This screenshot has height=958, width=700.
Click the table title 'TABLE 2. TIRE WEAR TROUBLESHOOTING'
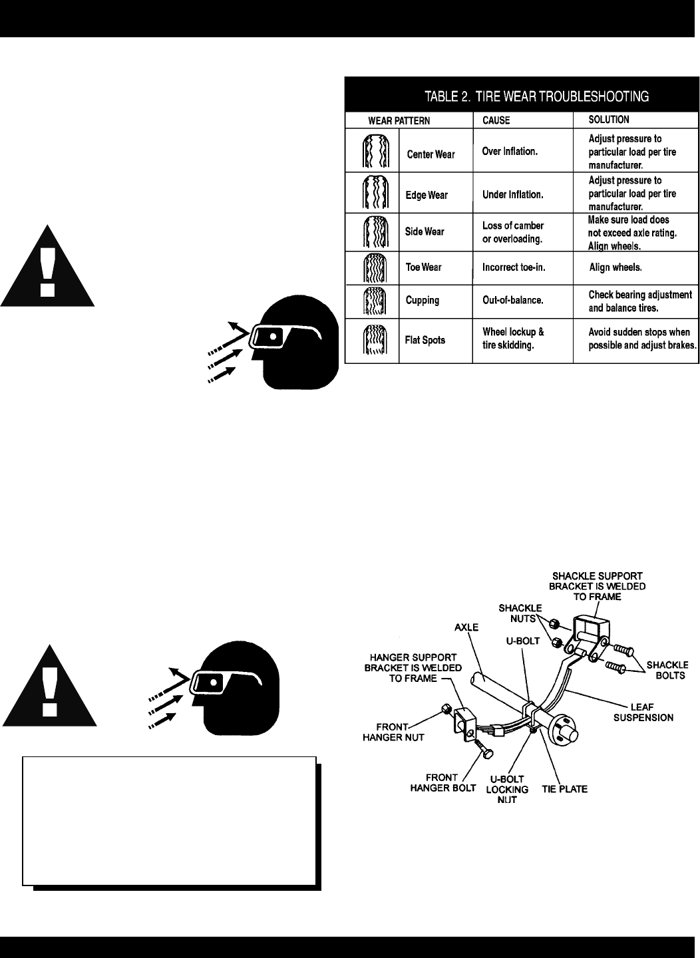tap(536, 96)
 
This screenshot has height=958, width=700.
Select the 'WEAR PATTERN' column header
tap(399, 121)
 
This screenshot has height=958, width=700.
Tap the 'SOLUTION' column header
tap(608, 120)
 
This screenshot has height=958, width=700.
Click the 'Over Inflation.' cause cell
tap(509, 152)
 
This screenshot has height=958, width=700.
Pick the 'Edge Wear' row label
tap(427, 196)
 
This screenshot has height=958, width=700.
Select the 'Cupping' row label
tap(423, 300)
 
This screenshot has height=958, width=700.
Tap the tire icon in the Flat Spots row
tap(371, 341)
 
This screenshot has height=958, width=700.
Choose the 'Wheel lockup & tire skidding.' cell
tap(513, 339)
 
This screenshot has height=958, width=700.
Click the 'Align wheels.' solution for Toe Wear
tap(615, 267)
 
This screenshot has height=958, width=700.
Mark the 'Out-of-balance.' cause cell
tap(512, 300)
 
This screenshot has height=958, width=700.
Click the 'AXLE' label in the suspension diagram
tap(466, 627)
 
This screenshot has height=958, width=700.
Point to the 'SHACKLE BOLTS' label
tap(667, 670)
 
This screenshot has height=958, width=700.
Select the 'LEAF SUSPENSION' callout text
tap(651, 712)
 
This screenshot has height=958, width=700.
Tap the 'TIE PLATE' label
tap(564, 789)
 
